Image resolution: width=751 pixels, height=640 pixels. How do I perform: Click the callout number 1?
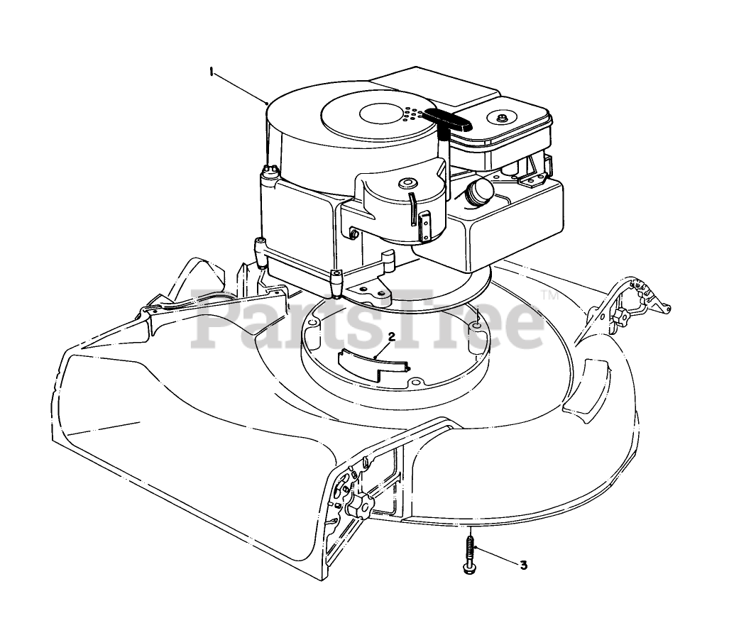[211, 70]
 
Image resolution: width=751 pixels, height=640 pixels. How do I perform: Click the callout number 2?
[390, 336]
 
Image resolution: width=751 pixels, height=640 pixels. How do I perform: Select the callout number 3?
[524, 565]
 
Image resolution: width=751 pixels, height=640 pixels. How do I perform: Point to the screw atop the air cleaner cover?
[503, 116]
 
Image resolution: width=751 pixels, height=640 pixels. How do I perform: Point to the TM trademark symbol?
[549, 294]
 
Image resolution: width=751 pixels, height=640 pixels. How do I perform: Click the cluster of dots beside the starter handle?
[411, 114]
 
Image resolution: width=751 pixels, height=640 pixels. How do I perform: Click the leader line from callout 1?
[238, 87]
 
